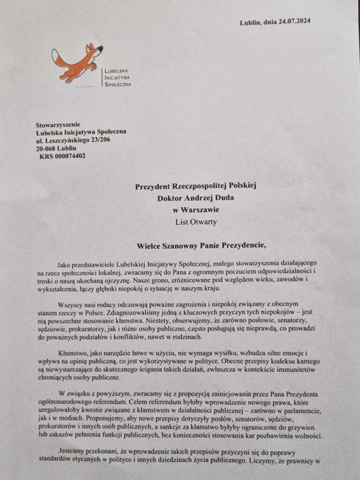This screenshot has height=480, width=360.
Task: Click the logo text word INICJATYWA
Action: [117, 77]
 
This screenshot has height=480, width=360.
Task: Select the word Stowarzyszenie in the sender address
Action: [58, 125]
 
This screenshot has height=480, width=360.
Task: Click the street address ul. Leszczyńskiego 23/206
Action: [73, 140]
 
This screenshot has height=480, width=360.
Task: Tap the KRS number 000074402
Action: [70, 156]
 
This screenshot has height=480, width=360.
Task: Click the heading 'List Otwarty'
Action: [196, 222]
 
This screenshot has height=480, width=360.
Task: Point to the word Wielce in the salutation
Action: [150, 245]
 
